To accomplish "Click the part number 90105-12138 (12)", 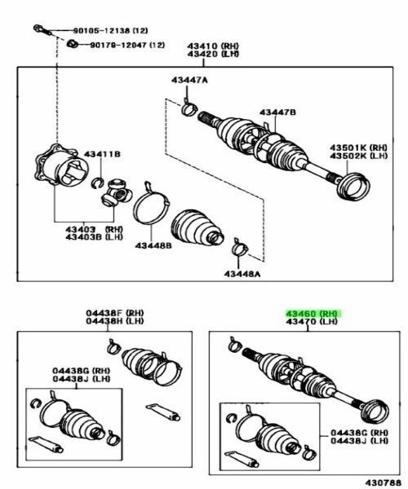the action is click(x=110, y=31).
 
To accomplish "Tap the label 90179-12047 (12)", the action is click(x=127, y=45).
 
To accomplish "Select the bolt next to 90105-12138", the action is click(x=42, y=30).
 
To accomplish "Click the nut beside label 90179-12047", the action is click(x=73, y=44).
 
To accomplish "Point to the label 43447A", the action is click(x=189, y=80).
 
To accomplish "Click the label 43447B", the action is click(x=277, y=112).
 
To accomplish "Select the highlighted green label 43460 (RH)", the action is click(x=313, y=313).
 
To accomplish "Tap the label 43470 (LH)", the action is click(x=312, y=321).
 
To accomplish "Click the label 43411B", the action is click(x=102, y=154).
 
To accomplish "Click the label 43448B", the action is click(x=153, y=246).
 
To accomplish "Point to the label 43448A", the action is click(x=242, y=274).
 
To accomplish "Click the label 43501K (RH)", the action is click(x=359, y=148).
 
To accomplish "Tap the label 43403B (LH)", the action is click(x=94, y=237).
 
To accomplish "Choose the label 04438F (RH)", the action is click(x=115, y=313).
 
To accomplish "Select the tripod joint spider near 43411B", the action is click(x=116, y=192).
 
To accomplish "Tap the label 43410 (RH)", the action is click(x=213, y=46).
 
